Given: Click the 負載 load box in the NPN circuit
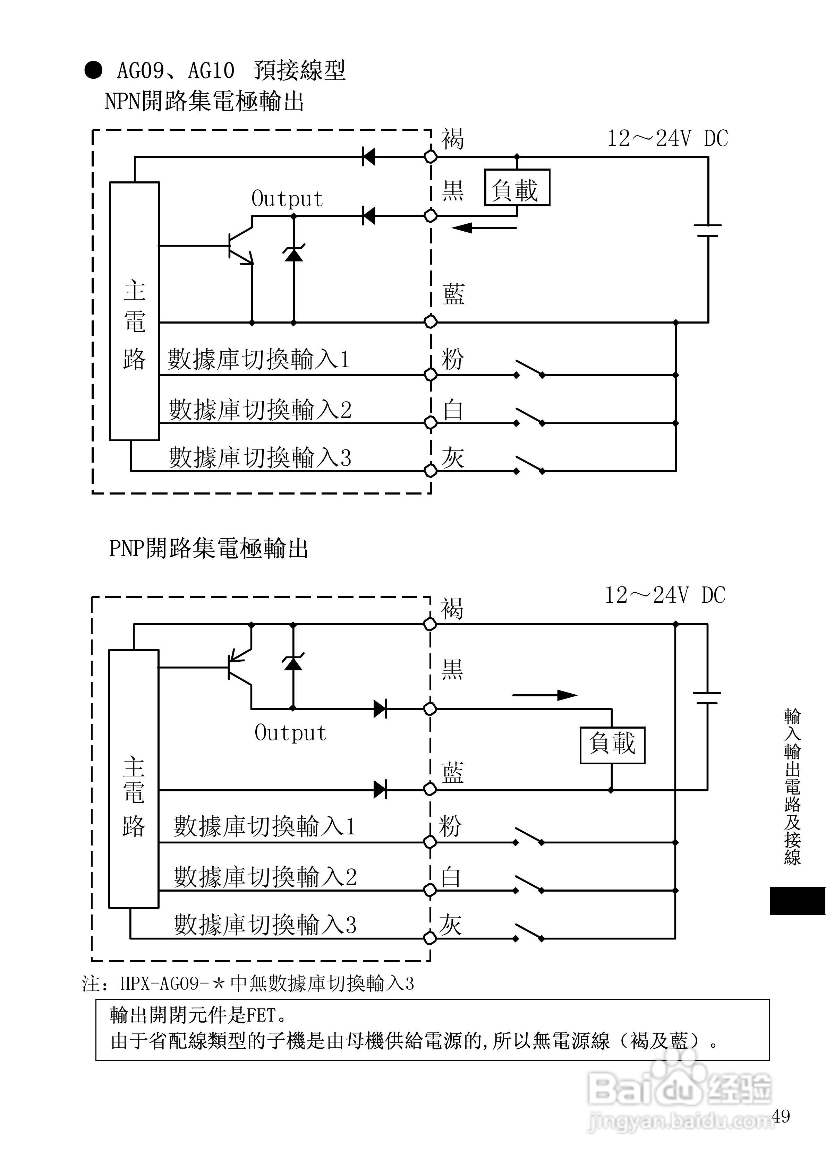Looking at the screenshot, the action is coord(517,187).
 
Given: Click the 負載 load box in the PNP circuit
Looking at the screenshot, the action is coord(612,745).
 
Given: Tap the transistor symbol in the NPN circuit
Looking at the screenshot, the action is coord(240,246).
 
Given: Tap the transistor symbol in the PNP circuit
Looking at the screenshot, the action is coord(240,667).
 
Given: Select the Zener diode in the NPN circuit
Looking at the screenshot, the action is coord(293,253).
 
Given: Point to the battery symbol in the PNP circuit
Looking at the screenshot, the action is coord(707,698).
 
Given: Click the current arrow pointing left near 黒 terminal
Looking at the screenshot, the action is coord(484,227).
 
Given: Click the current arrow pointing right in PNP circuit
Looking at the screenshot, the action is coord(545,695).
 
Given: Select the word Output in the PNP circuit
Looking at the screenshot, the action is coord(290,732).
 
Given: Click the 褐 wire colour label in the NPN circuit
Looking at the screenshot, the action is coord(452,139).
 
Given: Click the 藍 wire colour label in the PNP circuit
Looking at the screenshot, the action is coord(452,773).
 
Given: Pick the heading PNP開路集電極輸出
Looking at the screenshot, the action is coord(208,549).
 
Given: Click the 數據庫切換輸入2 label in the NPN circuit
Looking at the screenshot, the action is coord(260,410).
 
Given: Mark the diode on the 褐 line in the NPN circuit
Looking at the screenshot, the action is coord(368,157).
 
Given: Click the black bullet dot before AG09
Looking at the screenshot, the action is coord(93,70).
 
